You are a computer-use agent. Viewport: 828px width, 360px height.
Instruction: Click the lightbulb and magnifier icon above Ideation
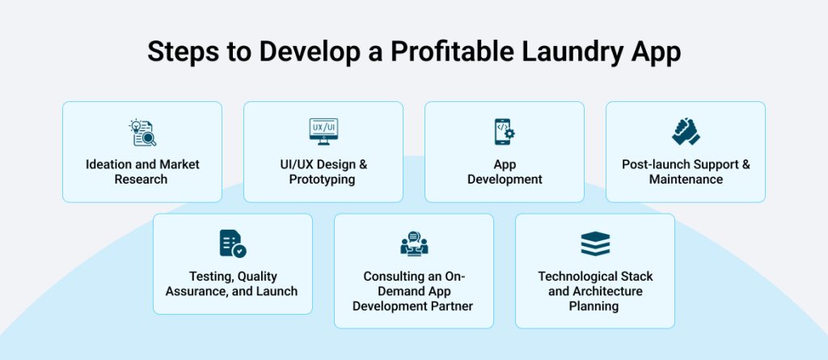142,132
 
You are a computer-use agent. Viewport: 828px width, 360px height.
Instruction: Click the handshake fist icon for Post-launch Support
686,131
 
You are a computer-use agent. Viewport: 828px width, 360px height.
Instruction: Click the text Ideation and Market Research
142,172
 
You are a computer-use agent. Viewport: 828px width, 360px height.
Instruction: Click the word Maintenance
686,180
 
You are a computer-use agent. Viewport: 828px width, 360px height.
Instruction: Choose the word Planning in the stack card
595,306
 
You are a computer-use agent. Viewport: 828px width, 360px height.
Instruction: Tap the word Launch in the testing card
277,291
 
